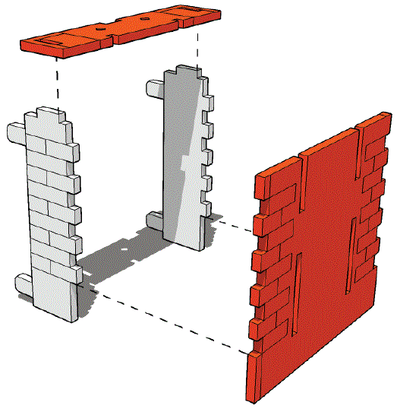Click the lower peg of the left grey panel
[24, 284]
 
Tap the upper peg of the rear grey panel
[154, 88]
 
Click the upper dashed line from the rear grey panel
[232, 226]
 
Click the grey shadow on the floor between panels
[114, 258]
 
